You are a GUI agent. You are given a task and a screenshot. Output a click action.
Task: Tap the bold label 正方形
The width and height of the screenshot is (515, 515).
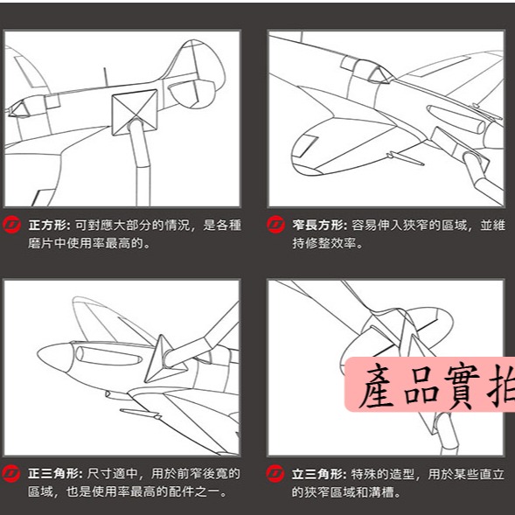tap(50, 225)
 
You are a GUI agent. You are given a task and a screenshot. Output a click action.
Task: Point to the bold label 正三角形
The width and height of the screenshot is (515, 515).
tap(50, 474)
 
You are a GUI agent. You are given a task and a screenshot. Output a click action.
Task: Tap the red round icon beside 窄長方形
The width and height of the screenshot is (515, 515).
tap(275, 225)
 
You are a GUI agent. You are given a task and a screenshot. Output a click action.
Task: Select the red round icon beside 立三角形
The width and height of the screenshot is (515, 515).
tap(275, 474)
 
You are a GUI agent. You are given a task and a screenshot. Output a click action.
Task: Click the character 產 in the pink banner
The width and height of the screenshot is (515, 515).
tap(383, 386)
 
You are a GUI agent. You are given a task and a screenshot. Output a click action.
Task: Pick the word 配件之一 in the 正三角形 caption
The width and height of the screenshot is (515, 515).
tap(198, 493)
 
